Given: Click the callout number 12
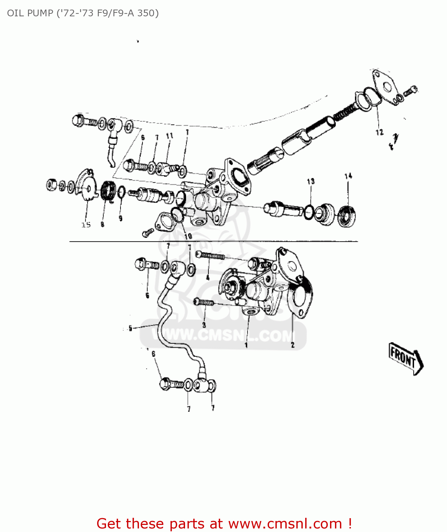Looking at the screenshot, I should tap(379, 132).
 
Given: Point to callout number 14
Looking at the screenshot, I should tap(348, 176).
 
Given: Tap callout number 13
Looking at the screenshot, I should tap(311, 182).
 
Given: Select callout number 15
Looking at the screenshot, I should tap(86, 225).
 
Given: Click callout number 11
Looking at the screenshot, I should tap(169, 136).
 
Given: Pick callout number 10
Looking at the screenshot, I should tap(188, 236).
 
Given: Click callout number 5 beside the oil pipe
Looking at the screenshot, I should tap(130, 328).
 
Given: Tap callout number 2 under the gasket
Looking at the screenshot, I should tap(292, 345).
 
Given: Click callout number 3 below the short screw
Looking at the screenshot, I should tap(204, 325).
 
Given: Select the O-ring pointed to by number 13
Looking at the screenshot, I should tap(308, 212).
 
